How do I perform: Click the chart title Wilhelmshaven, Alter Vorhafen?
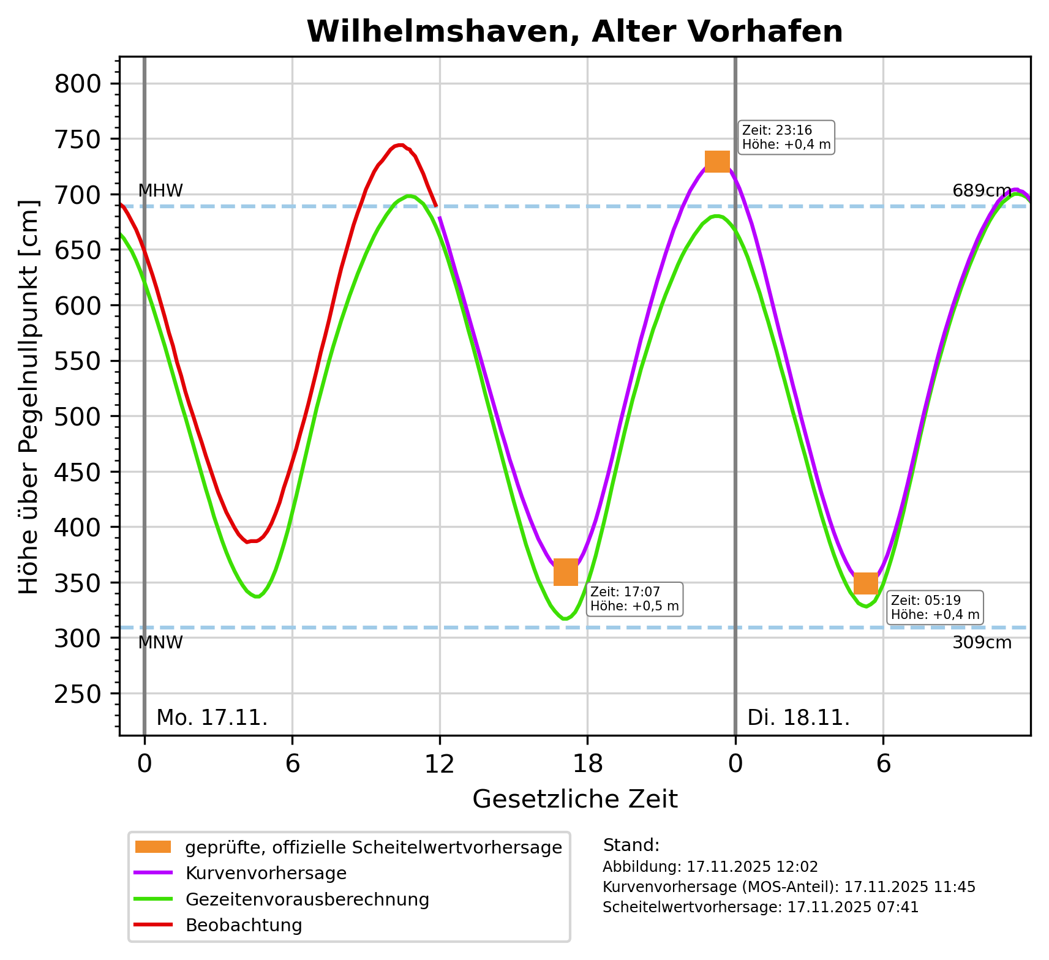tap(574, 32)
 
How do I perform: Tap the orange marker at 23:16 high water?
tap(717, 162)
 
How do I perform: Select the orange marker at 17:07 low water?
tap(566, 572)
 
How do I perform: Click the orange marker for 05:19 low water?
tap(866, 583)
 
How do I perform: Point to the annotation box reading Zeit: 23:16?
tap(786, 138)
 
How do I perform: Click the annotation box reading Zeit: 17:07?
tap(634, 599)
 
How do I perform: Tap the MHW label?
tap(160, 191)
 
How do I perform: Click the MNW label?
tap(160, 643)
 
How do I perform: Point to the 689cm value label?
tap(982, 191)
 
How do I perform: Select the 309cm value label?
tap(982, 643)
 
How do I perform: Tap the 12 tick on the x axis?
tap(440, 765)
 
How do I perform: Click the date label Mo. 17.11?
tap(212, 718)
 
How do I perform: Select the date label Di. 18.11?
tap(799, 718)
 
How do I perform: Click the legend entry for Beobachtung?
tap(244, 925)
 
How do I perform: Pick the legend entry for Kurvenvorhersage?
tap(266, 873)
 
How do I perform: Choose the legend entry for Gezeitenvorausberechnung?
tap(307, 899)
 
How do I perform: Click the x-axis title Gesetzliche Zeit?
tap(575, 800)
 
